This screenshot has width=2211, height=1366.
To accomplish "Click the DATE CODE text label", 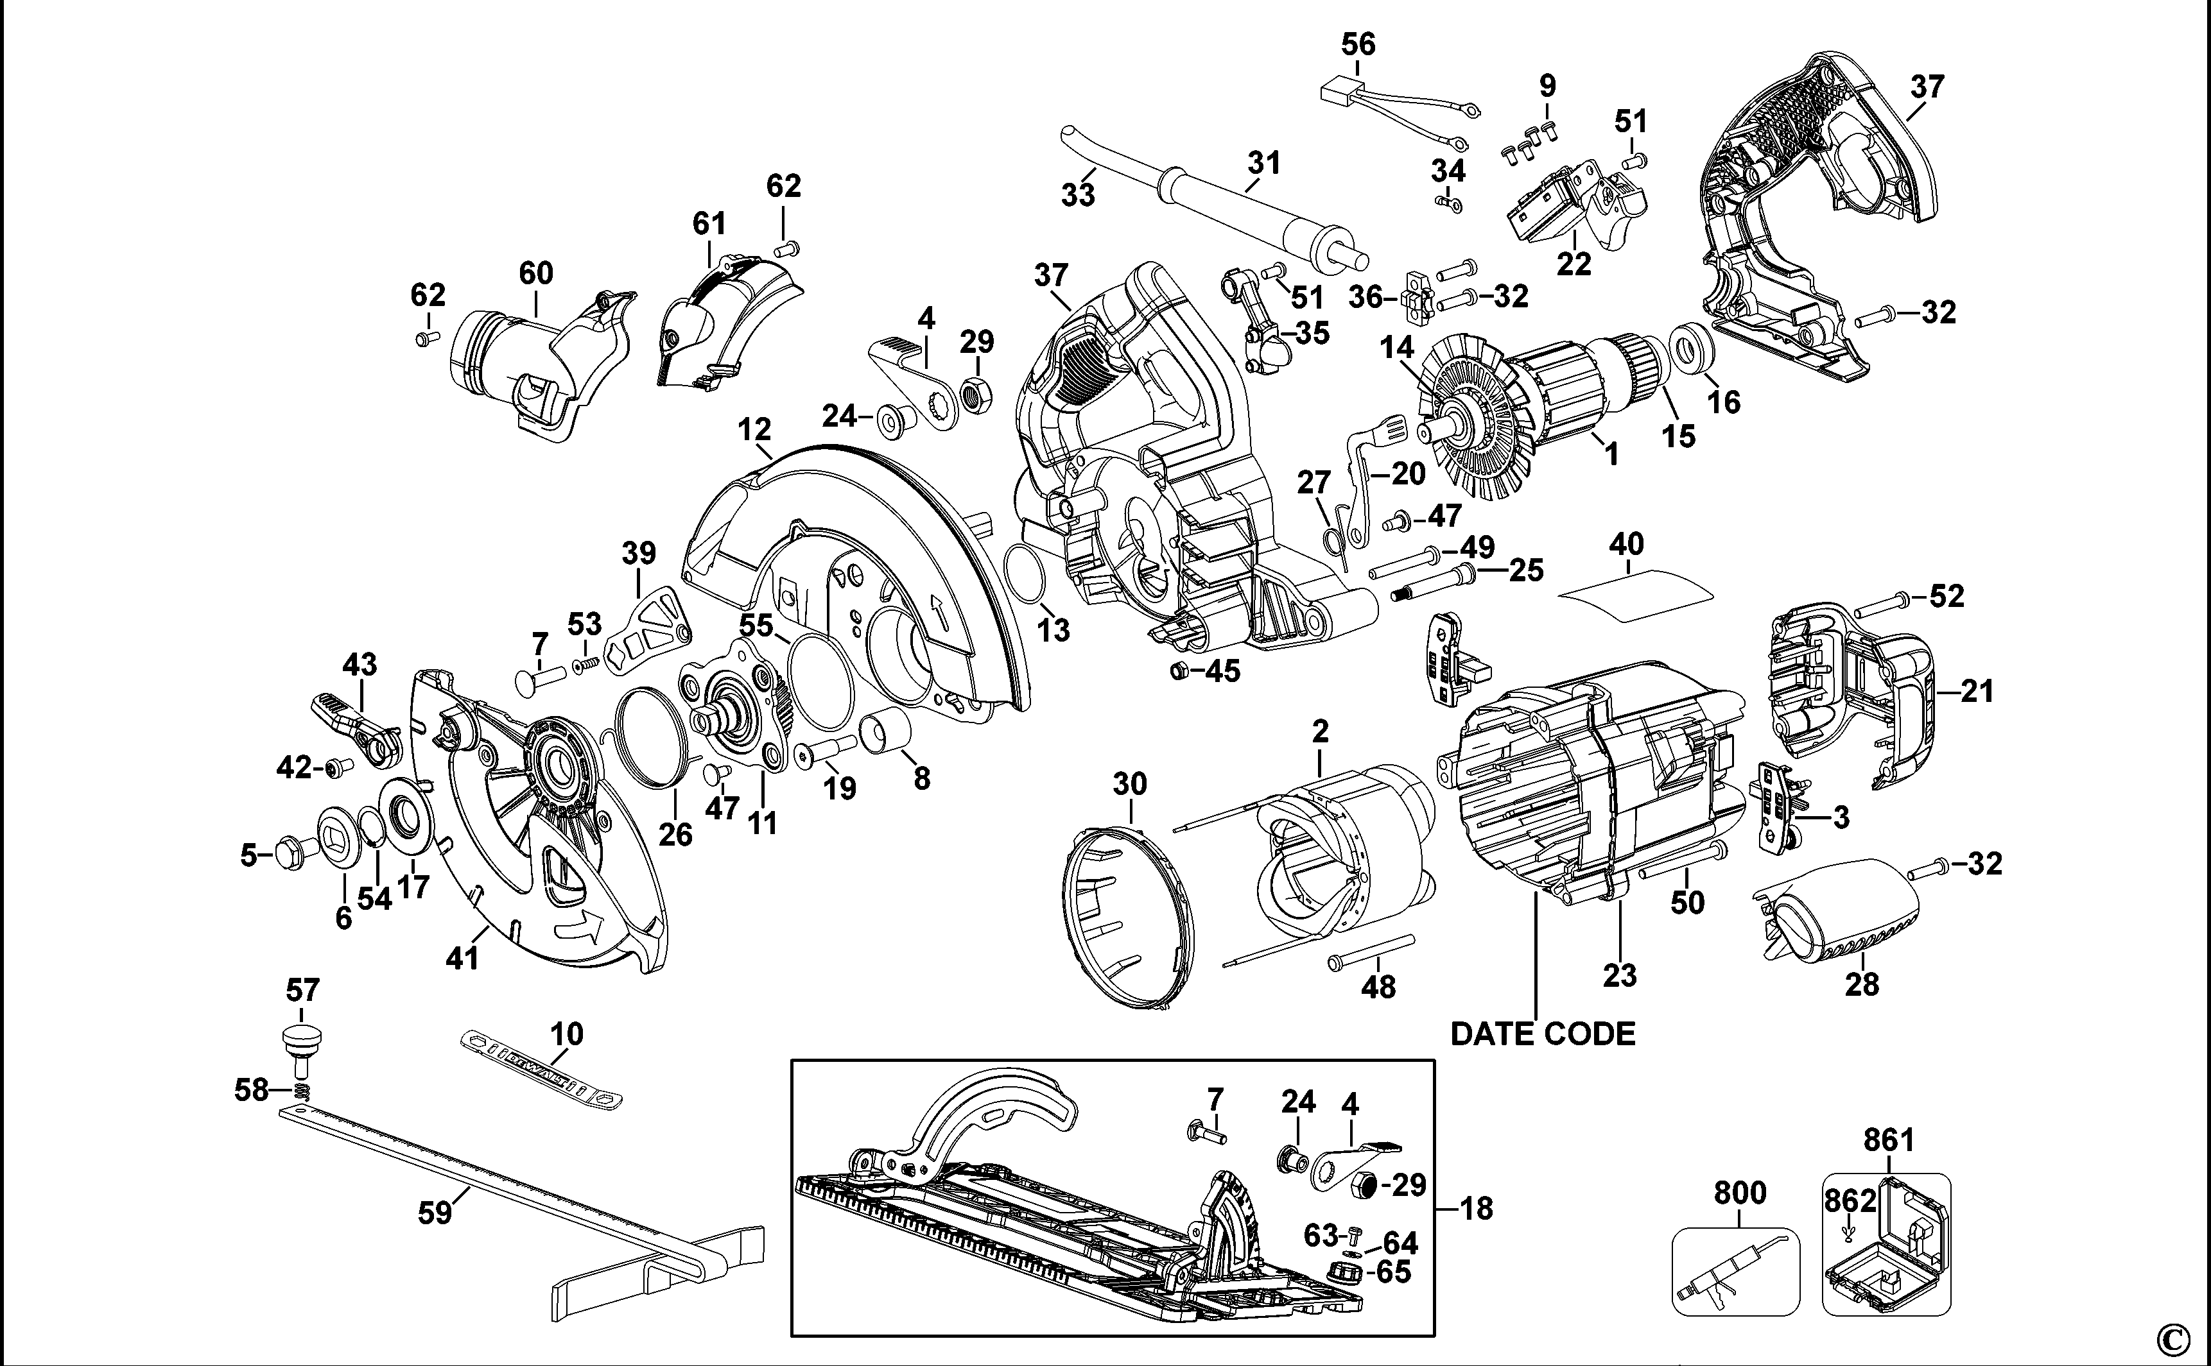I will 1542,1034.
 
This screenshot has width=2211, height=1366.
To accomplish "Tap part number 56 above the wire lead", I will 1358,44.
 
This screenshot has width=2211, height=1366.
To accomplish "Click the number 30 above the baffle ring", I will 1129,783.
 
